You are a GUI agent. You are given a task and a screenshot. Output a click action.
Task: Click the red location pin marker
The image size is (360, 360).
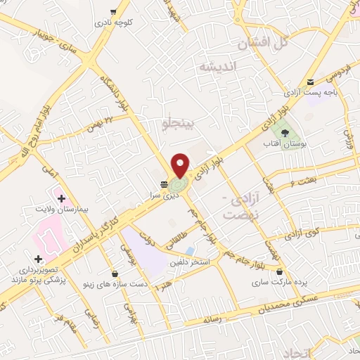[180, 165]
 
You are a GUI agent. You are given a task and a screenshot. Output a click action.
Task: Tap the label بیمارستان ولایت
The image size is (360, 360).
[62, 210]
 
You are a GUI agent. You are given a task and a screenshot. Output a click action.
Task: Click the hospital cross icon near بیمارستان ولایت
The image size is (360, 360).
[62, 198]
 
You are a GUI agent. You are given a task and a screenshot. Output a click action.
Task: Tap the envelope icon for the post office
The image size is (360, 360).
[311, 82]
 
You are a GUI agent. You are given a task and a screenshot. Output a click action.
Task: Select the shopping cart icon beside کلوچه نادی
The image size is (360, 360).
[114, 11]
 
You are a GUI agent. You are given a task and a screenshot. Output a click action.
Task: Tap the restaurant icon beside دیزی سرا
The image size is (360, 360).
[164, 185]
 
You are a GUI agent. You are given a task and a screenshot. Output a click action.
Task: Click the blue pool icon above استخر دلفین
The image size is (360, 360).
[190, 250]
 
